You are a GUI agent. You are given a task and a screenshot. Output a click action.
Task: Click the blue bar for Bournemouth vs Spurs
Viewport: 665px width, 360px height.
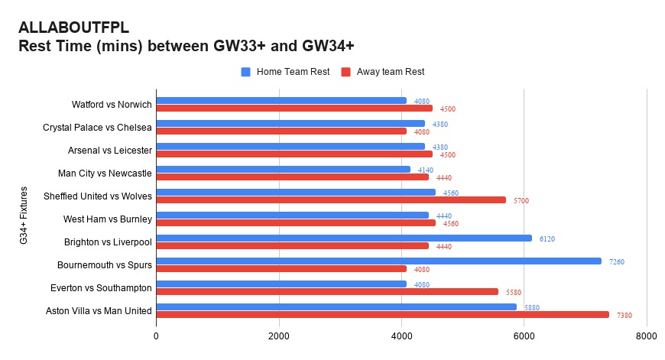click(x=378, y=261)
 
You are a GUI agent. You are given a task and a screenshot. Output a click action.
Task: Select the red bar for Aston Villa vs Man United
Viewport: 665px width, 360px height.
click(x=382, y=315)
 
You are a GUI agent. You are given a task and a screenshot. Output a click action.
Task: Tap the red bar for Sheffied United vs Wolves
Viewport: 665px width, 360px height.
click(x=331, y=200)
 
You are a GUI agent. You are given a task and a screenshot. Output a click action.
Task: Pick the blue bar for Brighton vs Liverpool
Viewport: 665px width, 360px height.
click(x=344, y=238)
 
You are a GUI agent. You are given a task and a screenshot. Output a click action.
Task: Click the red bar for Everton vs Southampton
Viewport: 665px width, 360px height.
click(x=327, y=292)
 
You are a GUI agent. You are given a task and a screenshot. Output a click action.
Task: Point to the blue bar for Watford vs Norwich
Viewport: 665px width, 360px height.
click(x=281, y=101)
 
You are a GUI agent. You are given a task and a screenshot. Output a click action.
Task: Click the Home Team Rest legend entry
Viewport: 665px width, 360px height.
click(x=285, y=72)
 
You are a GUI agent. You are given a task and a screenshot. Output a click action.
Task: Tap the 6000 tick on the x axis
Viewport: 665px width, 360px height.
click(x=524, y=335)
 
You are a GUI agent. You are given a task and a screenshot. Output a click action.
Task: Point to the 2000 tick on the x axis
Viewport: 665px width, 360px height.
click(x=279, y=335)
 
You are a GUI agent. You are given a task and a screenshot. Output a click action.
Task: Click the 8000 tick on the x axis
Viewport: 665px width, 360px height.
click(x=646, y=335)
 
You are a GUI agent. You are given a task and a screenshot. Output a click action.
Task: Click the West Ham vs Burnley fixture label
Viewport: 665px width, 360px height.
click(x=108, y=219)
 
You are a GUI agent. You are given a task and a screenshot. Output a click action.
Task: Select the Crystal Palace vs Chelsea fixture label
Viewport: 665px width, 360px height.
click(x=97, y=128)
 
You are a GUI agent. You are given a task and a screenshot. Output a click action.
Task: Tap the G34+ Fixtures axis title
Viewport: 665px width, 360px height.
click(x=24, y=216)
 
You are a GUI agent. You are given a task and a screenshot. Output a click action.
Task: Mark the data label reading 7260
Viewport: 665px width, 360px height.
click(x=617, y=261)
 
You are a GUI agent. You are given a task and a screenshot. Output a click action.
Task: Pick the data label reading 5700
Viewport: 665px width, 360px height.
click(x=521, y=200)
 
